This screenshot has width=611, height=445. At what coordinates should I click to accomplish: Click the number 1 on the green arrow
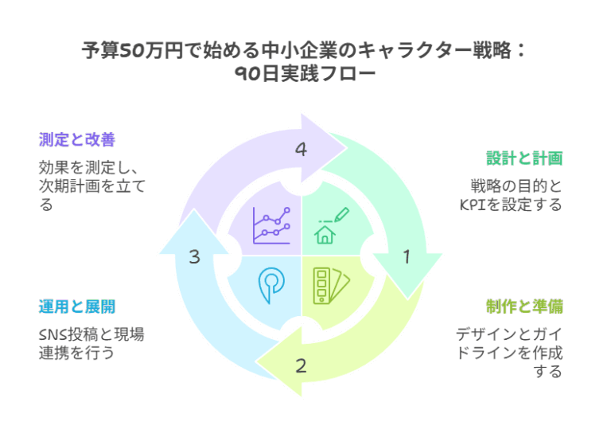click(407, 257)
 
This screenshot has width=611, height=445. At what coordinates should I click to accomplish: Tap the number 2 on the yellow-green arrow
click(301, 366)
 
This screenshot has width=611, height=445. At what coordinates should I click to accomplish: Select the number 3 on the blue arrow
click(195, 257)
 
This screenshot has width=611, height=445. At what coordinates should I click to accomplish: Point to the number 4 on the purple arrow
click(301, 150)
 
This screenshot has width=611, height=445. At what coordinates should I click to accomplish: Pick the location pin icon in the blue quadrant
click(271, 284)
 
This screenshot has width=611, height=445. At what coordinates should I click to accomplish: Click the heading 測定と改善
click(77, 140)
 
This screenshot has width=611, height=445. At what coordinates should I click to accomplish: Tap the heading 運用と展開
click(77, 306)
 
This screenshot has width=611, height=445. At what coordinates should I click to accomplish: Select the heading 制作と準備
click(524, 306)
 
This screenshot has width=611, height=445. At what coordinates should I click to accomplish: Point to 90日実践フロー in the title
click(305, 74)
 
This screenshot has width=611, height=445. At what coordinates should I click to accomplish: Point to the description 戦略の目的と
click(515, 186)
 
